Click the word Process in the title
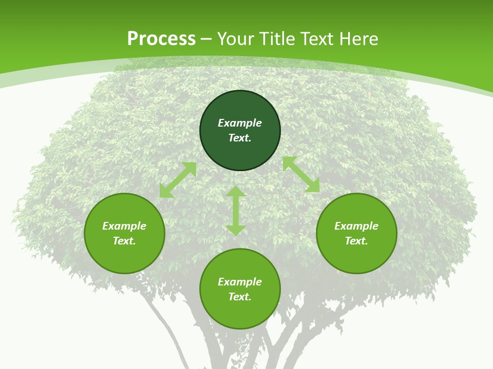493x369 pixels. point(161,39)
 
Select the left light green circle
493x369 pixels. point(124,256)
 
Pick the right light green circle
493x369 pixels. point(356,256)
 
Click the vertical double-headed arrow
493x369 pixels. point(236,211)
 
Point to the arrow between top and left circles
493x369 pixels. point(178,180)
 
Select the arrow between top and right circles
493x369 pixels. point(301,174)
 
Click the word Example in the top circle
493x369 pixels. point(240,123)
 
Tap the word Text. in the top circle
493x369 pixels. point(240,138)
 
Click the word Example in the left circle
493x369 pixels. point(124,226)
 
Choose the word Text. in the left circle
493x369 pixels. point(124,241)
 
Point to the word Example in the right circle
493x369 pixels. point(356,226)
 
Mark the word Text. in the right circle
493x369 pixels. point(356,241)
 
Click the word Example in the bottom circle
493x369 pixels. point(240,282)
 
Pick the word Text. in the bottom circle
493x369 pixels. point(240,297)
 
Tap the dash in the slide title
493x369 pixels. point(206,39)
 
